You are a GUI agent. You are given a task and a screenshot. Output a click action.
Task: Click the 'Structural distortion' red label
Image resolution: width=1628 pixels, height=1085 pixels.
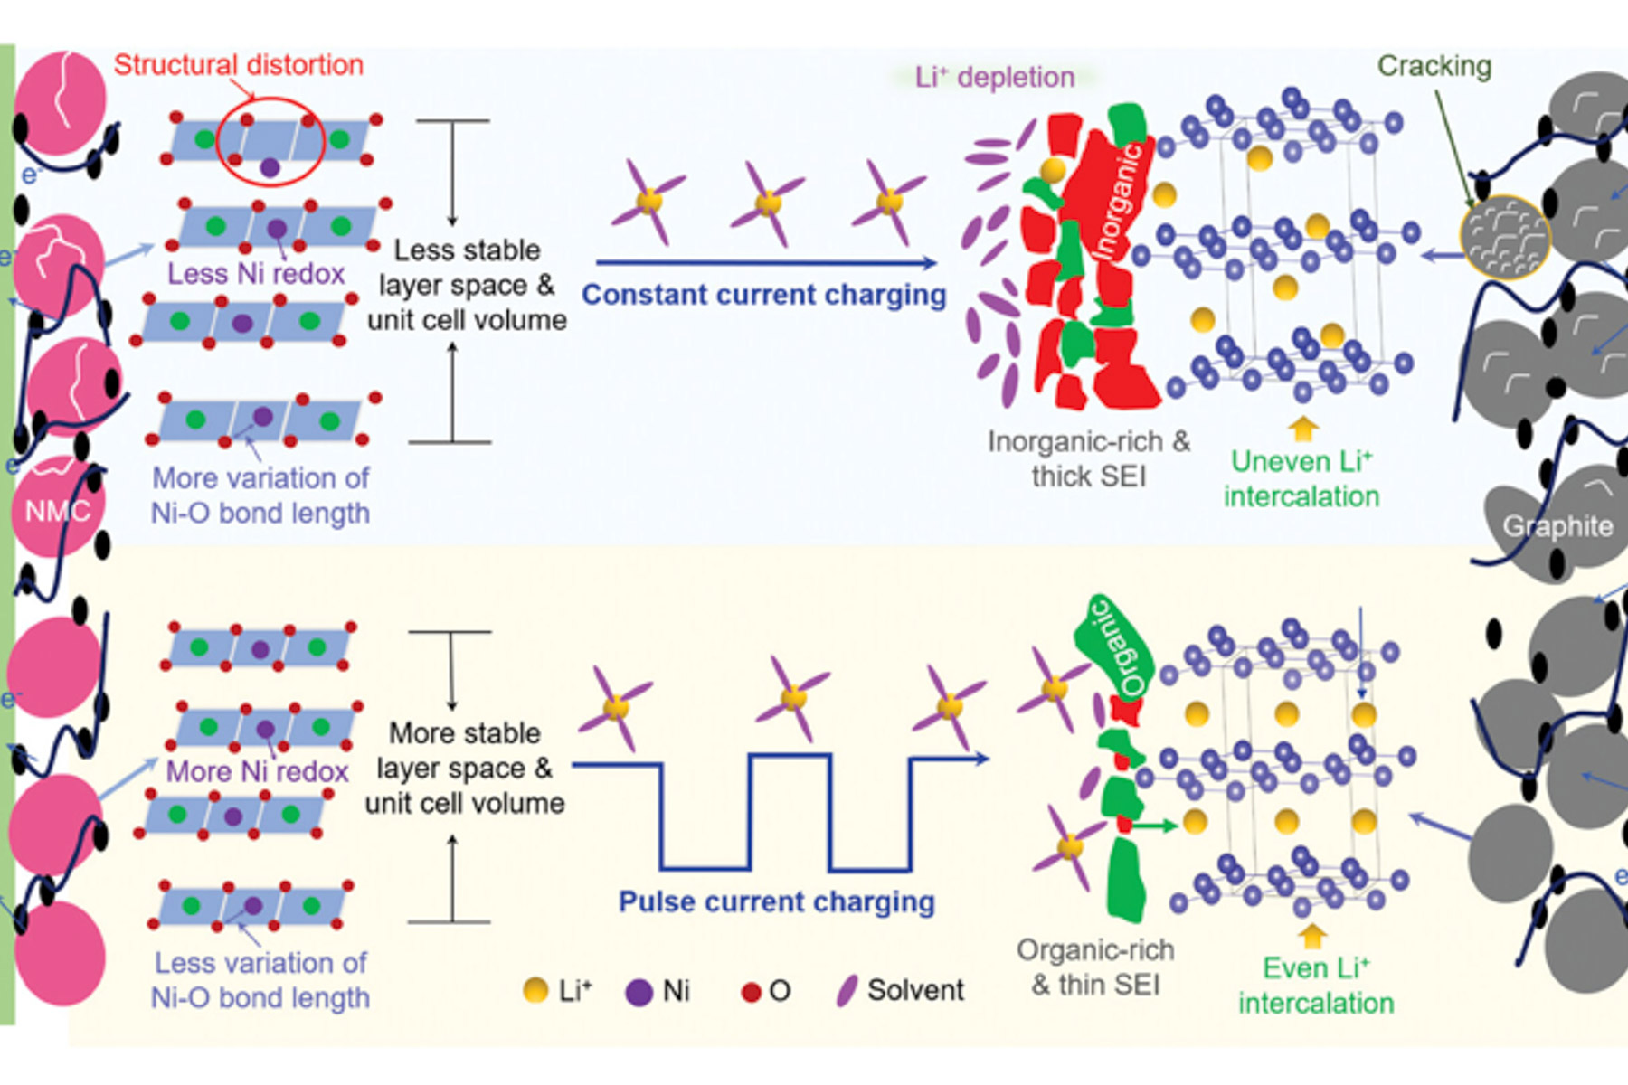[238, 65]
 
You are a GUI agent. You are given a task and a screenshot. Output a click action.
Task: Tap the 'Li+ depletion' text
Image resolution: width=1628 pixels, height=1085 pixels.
[994, 77]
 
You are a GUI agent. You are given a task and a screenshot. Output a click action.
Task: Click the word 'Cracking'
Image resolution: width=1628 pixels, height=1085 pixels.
[1434, 66]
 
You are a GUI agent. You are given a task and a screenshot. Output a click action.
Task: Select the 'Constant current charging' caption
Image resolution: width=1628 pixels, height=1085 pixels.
[763, 295]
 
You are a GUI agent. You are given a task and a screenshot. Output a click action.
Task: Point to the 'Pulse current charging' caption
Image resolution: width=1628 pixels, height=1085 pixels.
[776, 901]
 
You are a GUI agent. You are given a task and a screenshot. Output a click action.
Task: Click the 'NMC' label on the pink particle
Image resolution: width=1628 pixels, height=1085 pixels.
[57, 512]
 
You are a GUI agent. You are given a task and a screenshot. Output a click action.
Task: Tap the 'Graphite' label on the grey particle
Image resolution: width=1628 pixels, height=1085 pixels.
[1557, 526]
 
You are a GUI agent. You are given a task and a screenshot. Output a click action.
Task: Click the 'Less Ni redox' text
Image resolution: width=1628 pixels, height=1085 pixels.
[256, 273]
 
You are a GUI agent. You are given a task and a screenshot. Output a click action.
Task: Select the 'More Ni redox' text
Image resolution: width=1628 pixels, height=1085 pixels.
[258, 771]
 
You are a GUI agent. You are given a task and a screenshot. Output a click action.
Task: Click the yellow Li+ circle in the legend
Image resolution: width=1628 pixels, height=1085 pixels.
[535, 991]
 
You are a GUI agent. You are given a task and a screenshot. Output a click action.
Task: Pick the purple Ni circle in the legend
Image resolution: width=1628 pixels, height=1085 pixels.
[639, 992]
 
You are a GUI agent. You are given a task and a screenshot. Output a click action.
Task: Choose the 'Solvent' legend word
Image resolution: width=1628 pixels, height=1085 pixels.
[915, 990]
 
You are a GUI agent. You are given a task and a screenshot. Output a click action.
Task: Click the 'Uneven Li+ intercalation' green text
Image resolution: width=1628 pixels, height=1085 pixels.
[1301, 478]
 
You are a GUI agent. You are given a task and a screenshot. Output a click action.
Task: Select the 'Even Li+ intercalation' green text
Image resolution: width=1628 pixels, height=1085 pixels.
[1316, 986]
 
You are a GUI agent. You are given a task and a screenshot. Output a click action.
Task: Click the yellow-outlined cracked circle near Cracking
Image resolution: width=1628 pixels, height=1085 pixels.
[1504, 237]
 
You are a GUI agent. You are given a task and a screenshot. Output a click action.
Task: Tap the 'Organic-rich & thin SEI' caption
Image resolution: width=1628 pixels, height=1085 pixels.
[1095, 967]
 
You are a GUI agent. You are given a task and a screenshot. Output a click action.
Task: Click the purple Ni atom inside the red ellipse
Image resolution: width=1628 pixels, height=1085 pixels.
[270, 167]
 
